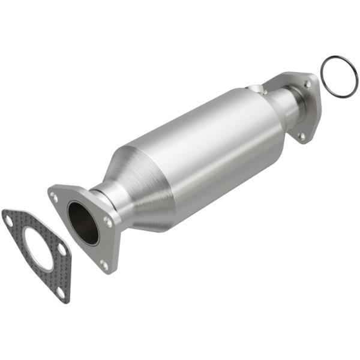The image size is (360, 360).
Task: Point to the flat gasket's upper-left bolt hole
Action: click(9, 220)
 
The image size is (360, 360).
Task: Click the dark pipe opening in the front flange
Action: click(83, 221)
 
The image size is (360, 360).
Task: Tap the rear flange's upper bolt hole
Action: click(307, 85)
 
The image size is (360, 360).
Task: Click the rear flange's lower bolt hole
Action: click(301, 136)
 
